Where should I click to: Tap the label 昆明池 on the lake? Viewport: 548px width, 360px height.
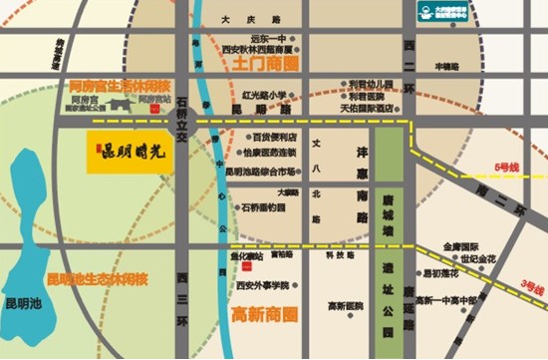22,302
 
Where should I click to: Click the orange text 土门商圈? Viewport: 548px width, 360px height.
265,63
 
